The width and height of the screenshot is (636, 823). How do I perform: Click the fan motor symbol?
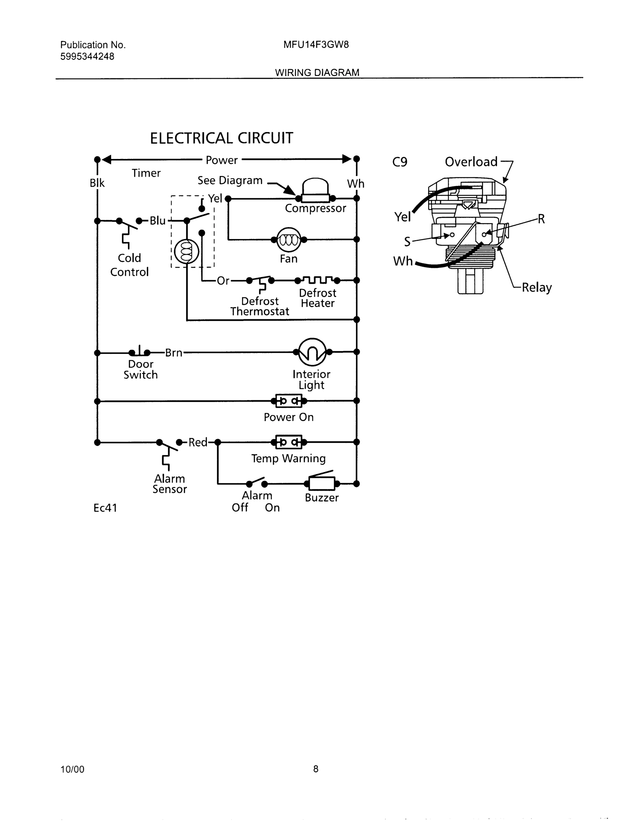[289, 240]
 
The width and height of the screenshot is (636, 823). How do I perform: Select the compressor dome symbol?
[315, 188]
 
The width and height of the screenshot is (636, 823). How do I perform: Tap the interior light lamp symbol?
[312, 352]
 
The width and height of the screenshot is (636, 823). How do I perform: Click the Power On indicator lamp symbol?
[289, 401]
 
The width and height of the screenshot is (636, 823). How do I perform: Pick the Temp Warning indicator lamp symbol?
[289, 442]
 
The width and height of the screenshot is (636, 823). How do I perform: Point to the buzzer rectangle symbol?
[321, 484]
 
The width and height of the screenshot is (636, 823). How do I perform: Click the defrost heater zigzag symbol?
[317, 280]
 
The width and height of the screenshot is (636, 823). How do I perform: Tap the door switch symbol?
[140, 351]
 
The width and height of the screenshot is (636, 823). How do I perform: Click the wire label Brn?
[174, 353]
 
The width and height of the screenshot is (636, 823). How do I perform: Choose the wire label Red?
[198, 442]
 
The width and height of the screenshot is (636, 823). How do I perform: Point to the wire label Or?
[223, 281]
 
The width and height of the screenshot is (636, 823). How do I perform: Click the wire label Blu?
[157, 221]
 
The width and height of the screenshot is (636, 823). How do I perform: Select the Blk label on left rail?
[97, 183]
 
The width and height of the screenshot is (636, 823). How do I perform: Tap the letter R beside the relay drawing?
[541, 219]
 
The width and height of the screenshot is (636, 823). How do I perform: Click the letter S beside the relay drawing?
[407, 241]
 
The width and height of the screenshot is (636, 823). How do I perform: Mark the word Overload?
[471, 162]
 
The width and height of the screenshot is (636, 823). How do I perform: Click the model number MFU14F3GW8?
[316, 45]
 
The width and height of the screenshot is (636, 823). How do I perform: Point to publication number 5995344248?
[87, 57]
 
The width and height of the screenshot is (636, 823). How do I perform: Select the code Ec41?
[105, 508]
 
